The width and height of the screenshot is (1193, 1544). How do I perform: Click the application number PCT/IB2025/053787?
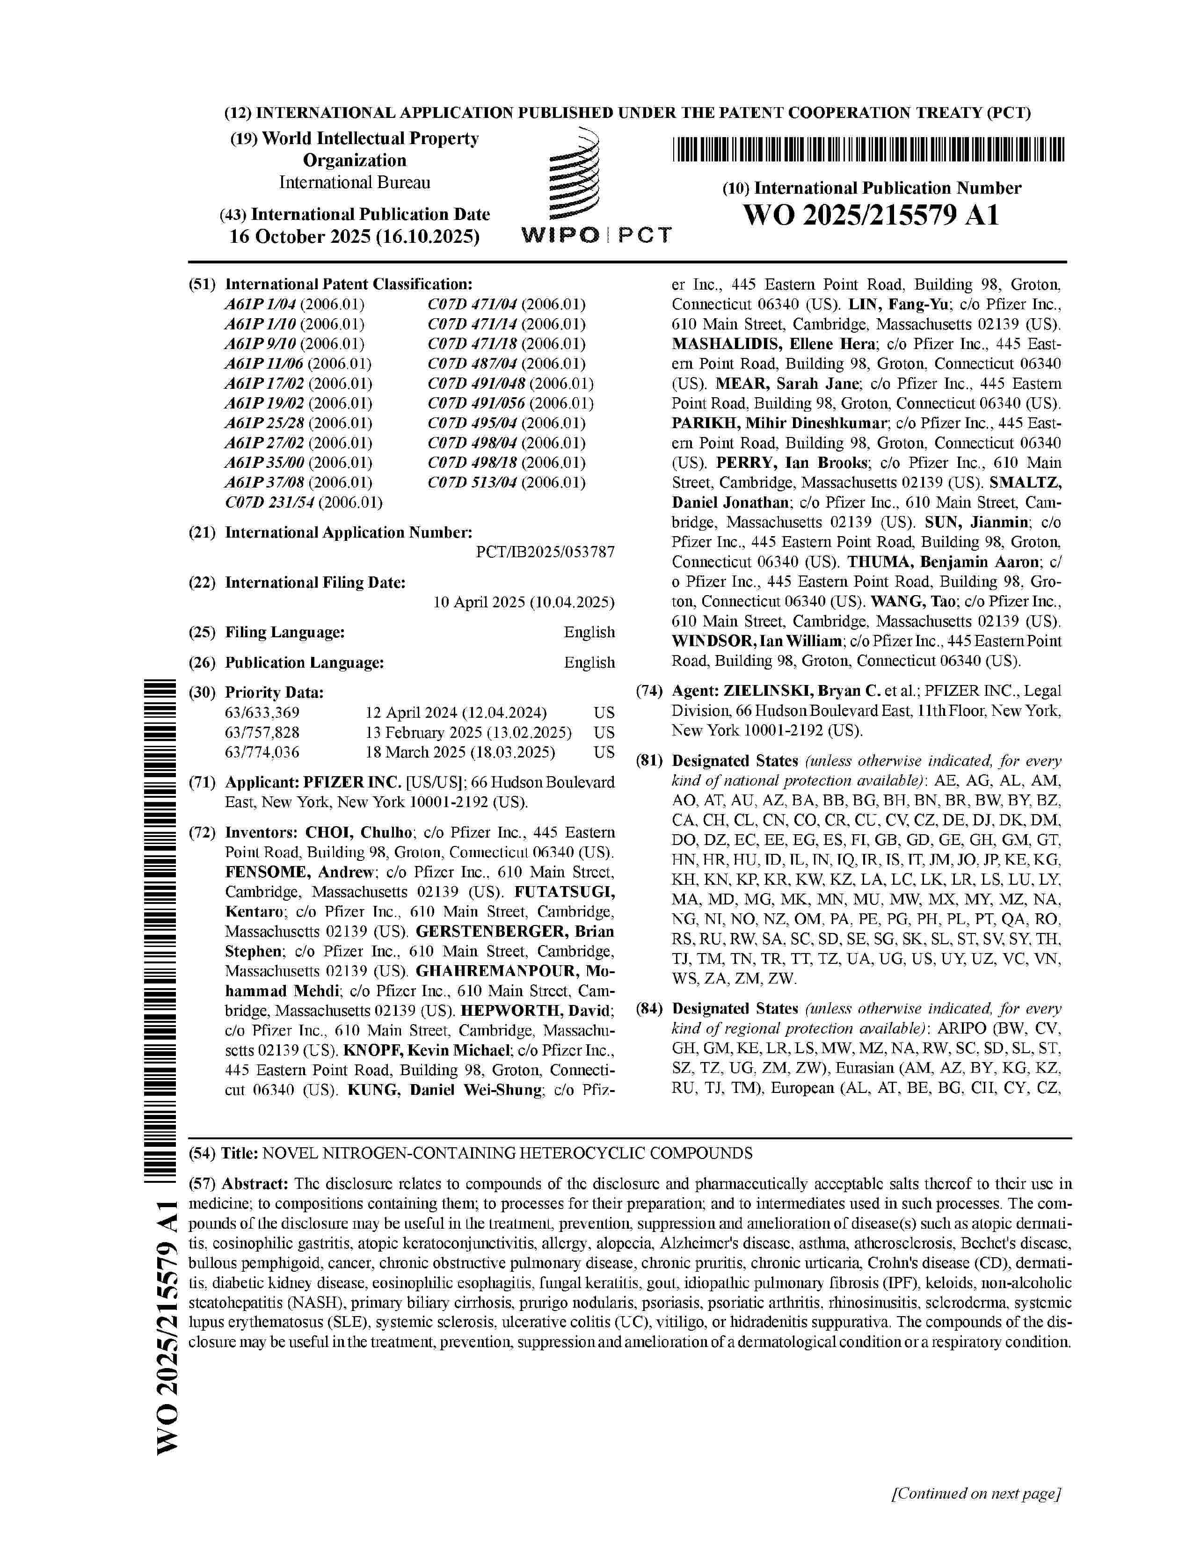point(545,552)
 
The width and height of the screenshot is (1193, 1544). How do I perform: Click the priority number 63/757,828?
point(262,732)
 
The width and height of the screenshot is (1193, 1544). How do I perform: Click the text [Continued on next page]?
point(977,1494)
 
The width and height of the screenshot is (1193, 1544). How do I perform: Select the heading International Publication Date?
point(371,214)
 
